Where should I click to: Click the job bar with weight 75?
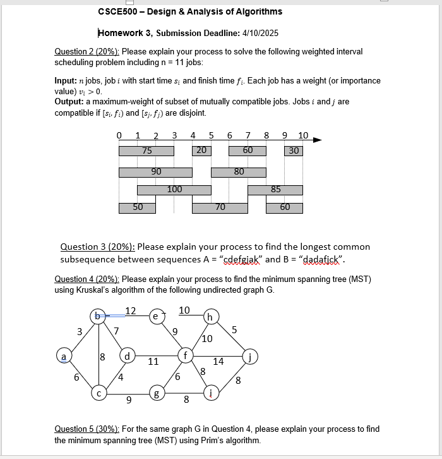146,151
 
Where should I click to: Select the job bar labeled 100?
174,190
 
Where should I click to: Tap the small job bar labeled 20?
201,150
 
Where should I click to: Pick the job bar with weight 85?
275,190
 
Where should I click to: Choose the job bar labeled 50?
137,207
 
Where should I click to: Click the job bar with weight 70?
220,207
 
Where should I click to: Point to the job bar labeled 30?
294,151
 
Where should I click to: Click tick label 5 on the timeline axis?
211,135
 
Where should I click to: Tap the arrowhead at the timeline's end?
316,140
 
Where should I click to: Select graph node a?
63,357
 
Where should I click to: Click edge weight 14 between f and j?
218,362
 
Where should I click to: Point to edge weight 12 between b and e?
130,310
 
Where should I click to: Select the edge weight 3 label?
79,331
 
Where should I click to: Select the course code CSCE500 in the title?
117,11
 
